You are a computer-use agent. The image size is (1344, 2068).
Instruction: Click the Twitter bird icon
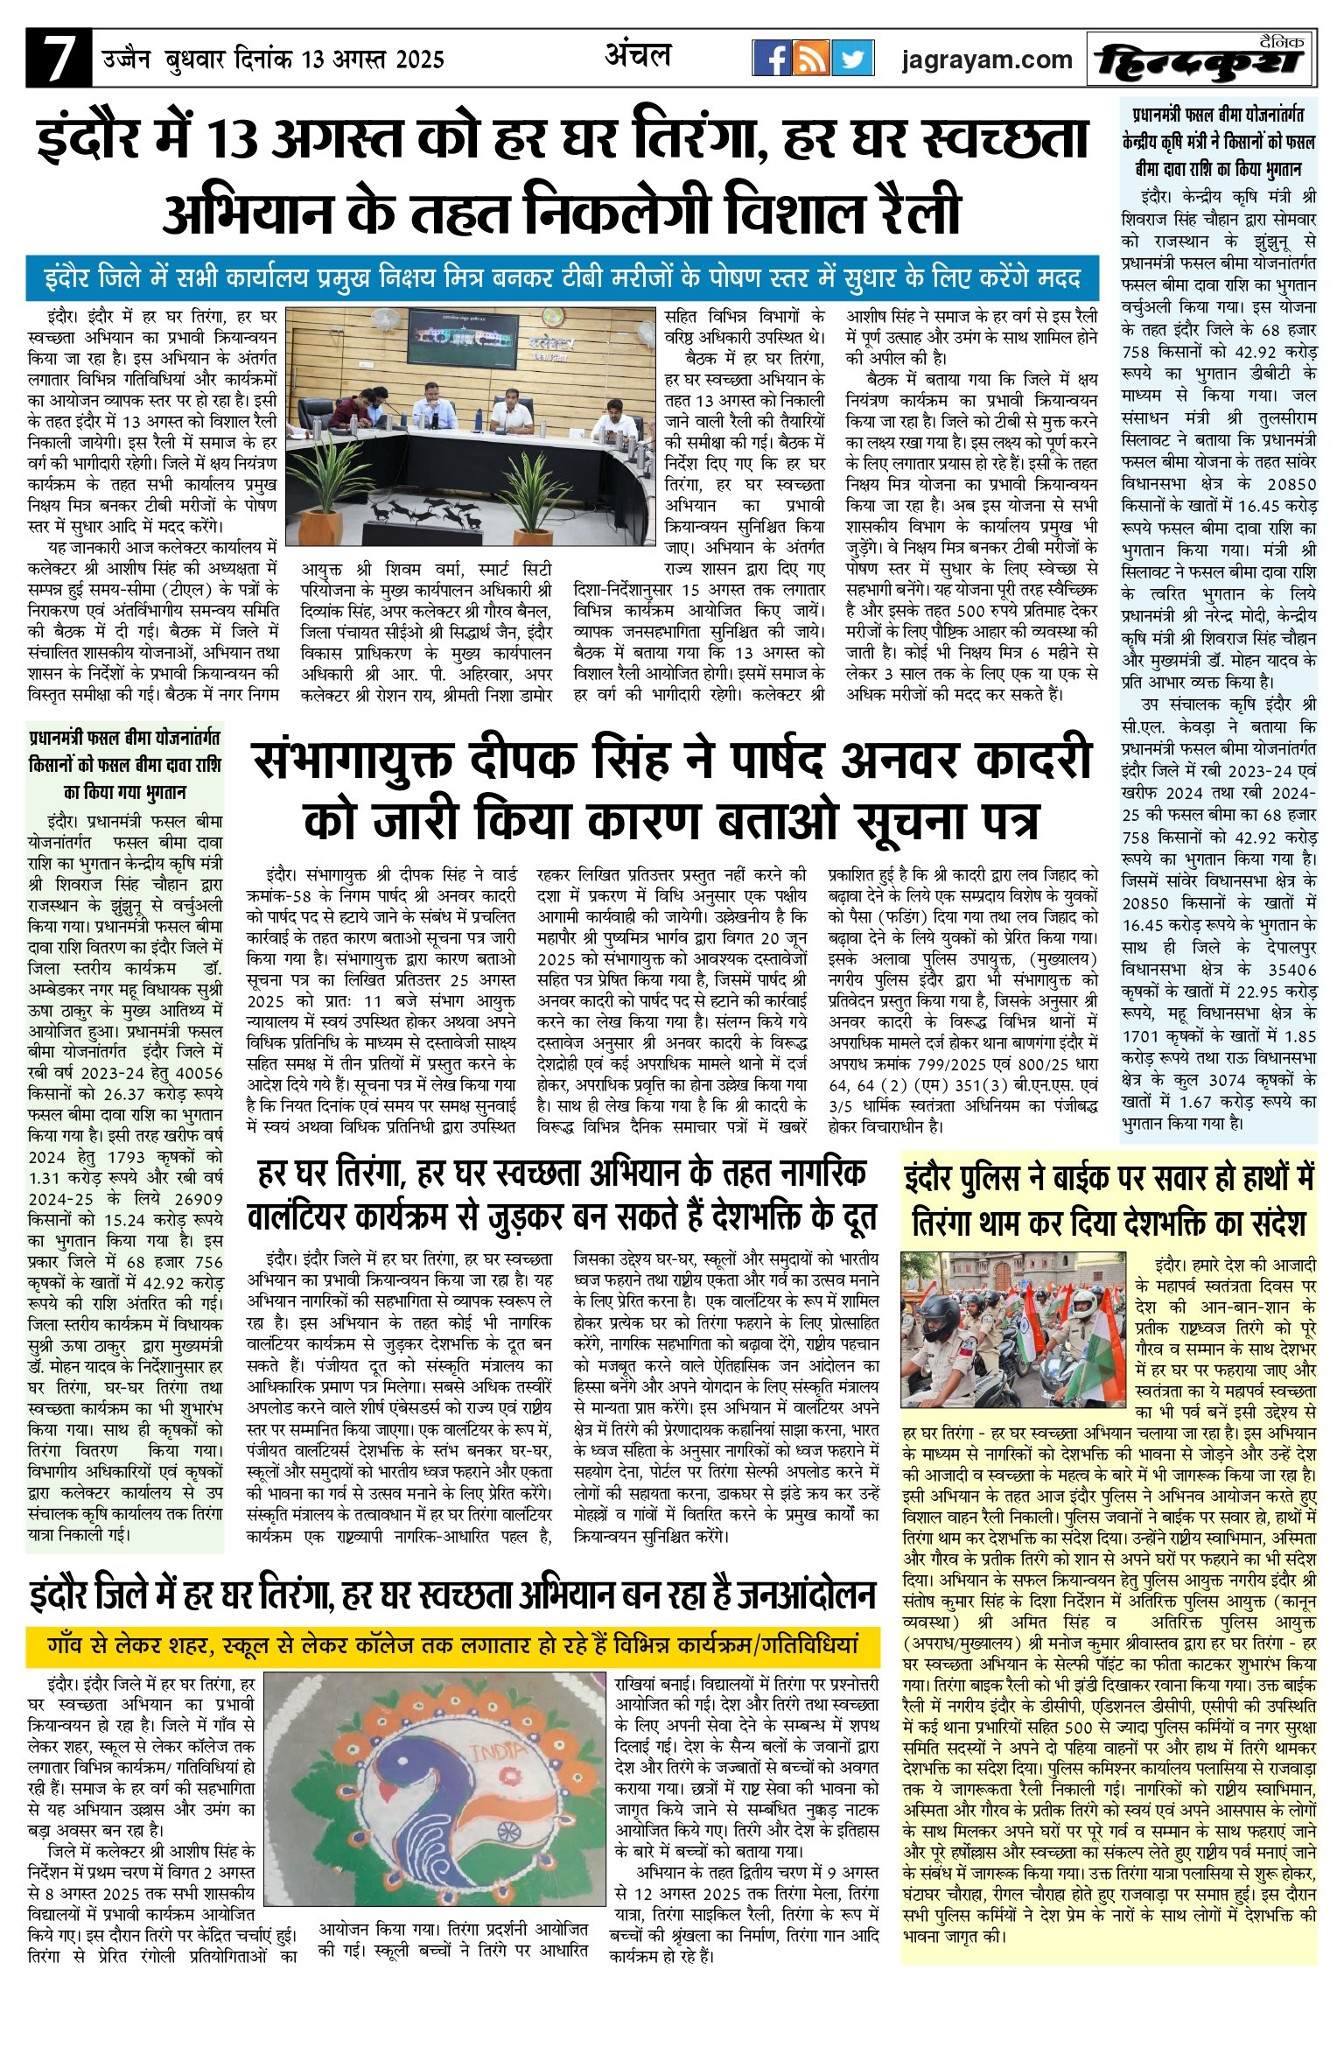pos(851,59)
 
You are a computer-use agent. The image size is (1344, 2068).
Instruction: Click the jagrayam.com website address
pos(986,60)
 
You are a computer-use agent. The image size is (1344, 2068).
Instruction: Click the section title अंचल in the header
pos(638,56)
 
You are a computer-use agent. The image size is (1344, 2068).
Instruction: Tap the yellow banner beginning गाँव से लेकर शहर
pos(453,1644)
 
